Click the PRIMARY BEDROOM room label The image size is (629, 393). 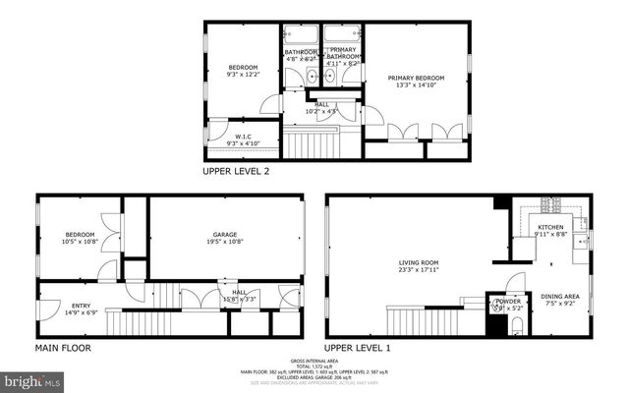coord(416,78)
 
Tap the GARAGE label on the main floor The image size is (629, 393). coord(225,235)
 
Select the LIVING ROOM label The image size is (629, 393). coord(418,262)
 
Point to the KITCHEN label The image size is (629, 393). coord(550,227)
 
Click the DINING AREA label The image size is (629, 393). coord(559,296)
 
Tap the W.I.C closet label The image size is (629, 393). coord(243,137)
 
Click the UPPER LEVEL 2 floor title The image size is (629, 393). coord(236,171)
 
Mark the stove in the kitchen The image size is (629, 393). coord(550,205)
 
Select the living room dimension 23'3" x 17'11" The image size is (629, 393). coord(418,270)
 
